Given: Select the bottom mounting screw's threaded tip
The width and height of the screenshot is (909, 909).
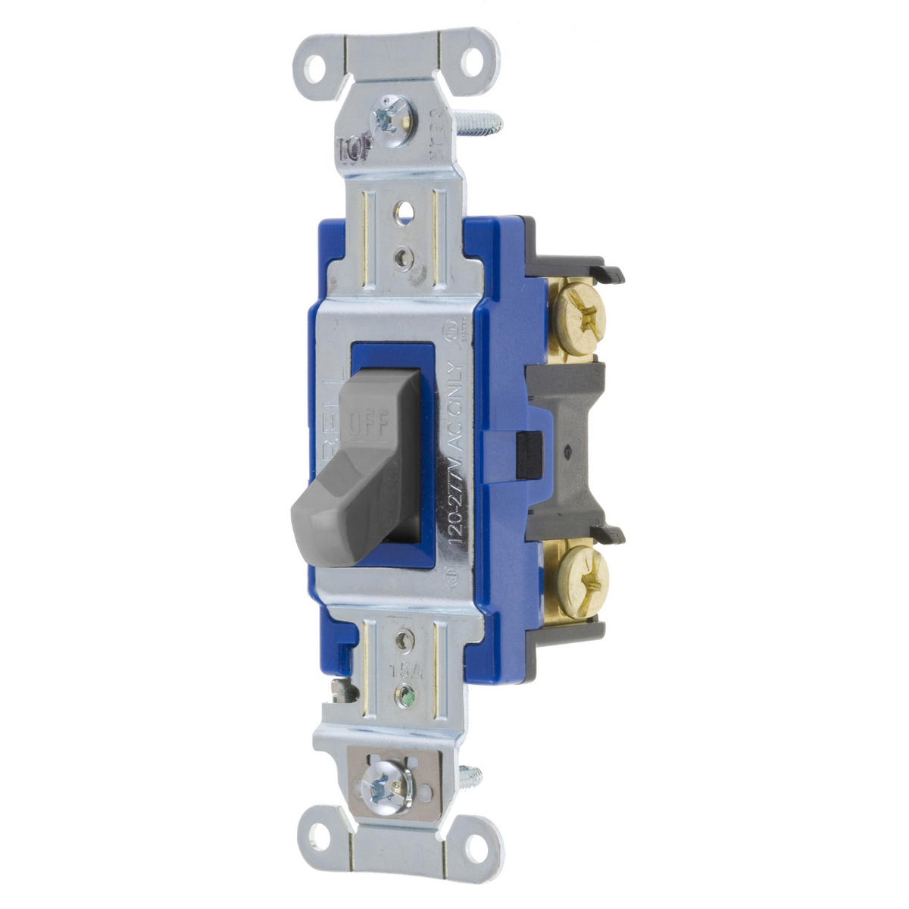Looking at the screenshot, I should tap(476, 775).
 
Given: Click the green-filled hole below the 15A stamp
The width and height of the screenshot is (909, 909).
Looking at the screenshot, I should tap(408, 693).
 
